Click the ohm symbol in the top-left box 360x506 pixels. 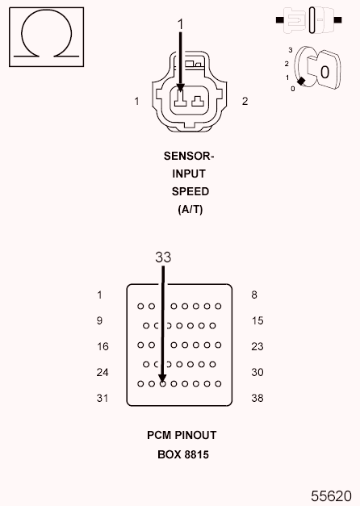(46, 36)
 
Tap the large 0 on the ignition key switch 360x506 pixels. (324, 72)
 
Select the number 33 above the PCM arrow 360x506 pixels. (163, 257)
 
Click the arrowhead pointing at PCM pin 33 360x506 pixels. (162, 378)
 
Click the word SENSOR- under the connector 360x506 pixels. (190, 156)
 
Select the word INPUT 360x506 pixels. (190, 174)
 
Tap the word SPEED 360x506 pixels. (190, 191)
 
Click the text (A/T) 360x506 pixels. (190, 209)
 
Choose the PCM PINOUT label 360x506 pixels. (182, 435)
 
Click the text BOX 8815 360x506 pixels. (182, 454)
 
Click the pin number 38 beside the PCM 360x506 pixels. (257, 398)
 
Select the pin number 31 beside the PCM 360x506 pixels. (103, 398)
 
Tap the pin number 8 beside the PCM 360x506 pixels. (254, 295)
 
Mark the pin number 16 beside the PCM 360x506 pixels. (103, 346)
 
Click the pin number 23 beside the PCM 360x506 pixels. (257, 346)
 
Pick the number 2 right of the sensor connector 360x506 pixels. (245, 101)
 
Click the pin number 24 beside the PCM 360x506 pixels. (103, 372)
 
